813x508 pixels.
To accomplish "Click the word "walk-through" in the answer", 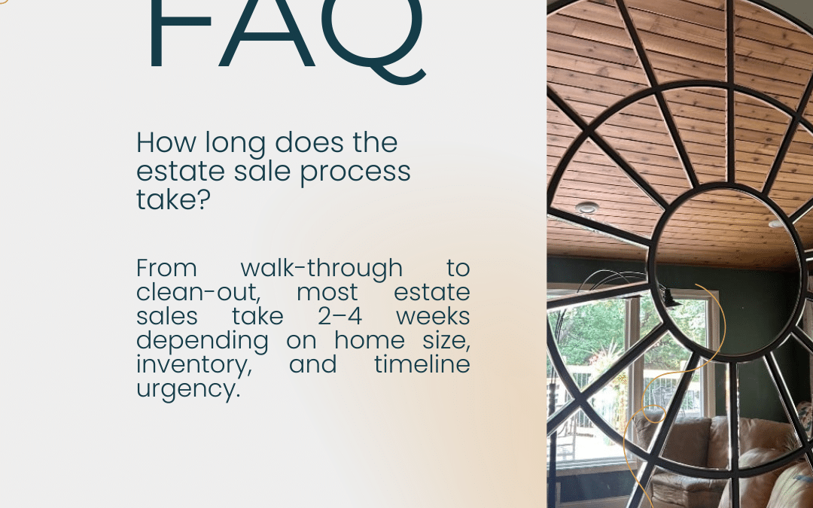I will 321,268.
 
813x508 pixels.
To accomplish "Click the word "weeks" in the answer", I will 434,316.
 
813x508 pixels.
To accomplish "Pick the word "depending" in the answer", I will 202,341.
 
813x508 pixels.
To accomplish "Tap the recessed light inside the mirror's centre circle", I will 775,224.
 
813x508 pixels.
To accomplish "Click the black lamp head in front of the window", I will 669,300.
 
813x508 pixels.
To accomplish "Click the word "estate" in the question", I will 181,171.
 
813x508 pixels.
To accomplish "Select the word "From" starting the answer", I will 166,268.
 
